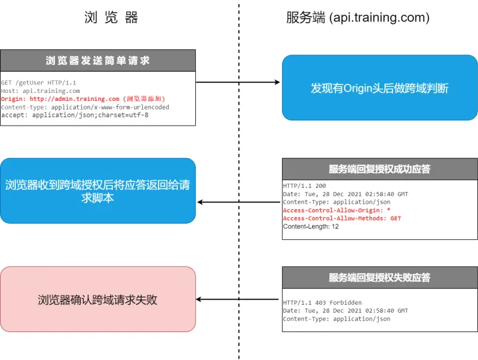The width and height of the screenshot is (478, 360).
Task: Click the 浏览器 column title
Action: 112,18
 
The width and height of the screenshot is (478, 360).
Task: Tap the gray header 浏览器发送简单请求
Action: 98,60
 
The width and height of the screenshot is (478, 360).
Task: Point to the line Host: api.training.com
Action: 40,91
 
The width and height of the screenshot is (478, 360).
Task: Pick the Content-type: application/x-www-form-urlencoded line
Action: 85,107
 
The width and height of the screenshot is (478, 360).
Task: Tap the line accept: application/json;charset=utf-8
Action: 74,115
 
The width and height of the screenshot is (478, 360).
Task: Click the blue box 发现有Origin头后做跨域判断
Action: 379,88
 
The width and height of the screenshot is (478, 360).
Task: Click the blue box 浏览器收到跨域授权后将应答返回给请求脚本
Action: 98,191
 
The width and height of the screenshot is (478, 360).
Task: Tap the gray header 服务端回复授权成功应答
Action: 379,169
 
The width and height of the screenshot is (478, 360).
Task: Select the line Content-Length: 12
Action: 311,226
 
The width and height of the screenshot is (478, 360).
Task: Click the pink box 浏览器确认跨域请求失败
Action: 98,300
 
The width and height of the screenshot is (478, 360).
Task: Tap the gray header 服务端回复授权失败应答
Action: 379,278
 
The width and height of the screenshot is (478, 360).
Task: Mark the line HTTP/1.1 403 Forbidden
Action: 322,303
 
